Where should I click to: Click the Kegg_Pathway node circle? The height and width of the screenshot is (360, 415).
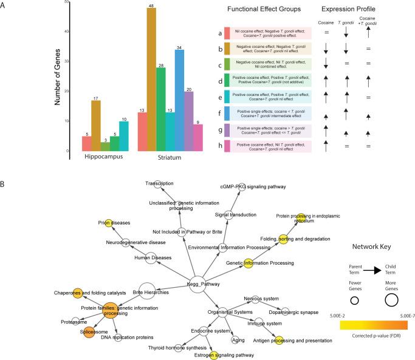coord(199,283)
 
